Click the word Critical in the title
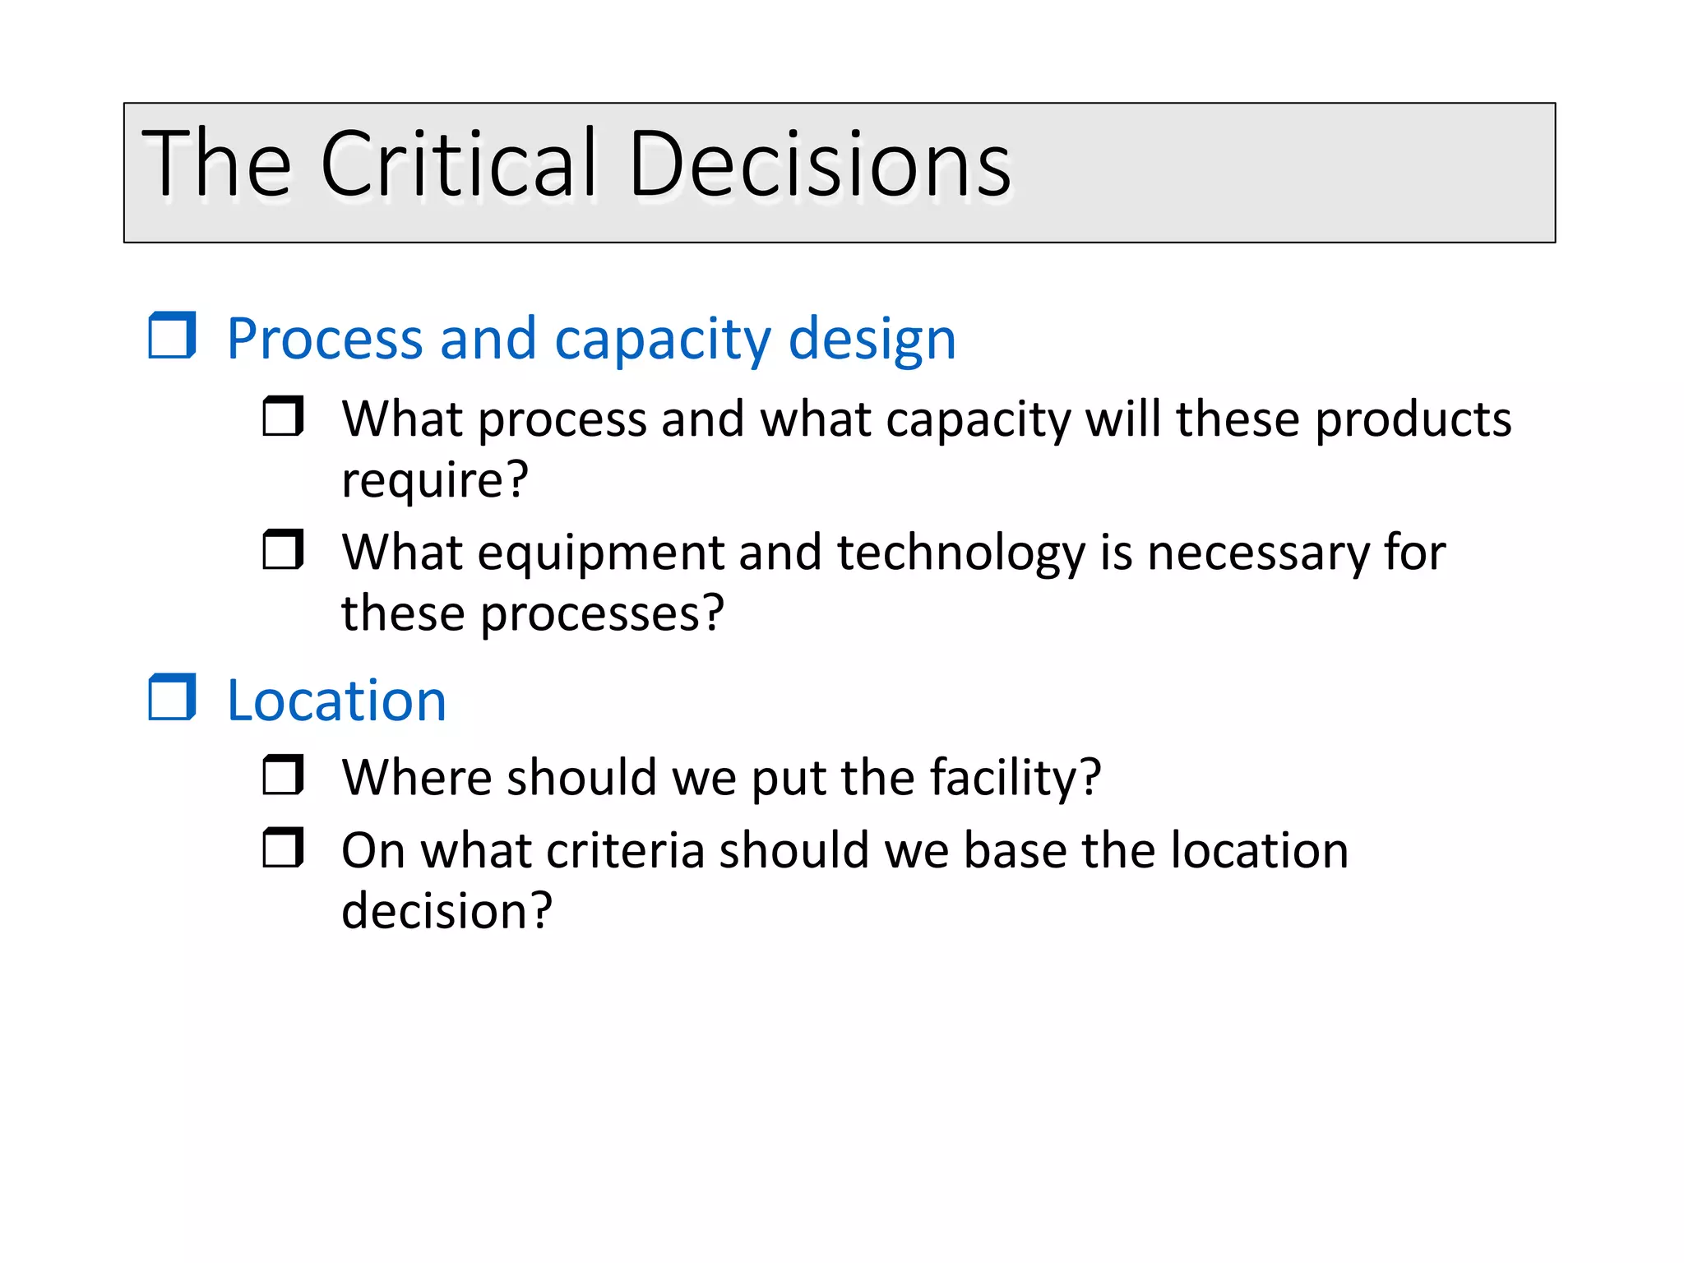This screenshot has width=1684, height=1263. pyautogui.click(x=458, y=164)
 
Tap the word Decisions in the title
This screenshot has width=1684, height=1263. pyautogui.click(x=820, y=164)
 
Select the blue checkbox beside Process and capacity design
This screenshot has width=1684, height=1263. pyautogui.click(x=172, y=335)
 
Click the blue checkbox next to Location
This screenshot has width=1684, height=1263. pyautogui.click(x=172, y=697)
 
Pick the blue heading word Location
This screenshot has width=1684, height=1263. pyautogui.click(x=336, y=701)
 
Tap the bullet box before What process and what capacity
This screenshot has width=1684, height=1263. pyautogui.click(x=283, y=416)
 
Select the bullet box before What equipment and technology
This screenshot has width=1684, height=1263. pyautogui.click(x=283, y=549)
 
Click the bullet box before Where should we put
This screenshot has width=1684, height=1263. pyautogui.click(x=283, y=775)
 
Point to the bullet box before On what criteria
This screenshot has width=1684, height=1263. pyautogui.click(x=283, y=848)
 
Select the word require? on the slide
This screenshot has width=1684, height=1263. pyautogui.click(x=435, y=480)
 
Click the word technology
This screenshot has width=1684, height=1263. pyautogui.click(x=961, y=554)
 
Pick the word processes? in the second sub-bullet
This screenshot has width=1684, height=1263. pyautogui.click(x=602, y=613)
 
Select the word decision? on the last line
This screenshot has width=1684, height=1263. pyautogui.click(x=446, y=911)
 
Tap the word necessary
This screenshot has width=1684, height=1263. pyautogui.click(x=1258, y=554)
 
